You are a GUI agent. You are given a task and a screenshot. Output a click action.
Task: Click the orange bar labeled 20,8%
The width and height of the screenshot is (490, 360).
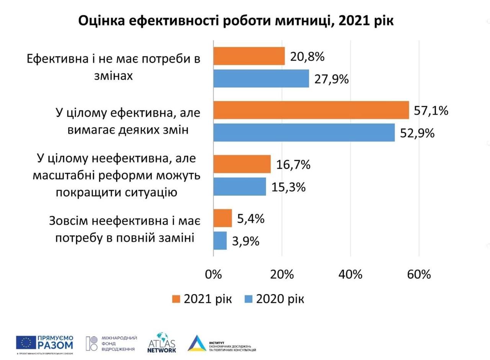[x=249, y=56]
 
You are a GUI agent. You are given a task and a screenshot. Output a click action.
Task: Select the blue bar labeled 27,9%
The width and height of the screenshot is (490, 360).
[x=261, y=79]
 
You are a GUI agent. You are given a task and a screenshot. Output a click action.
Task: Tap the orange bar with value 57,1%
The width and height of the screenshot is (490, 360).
[x=311, y=110]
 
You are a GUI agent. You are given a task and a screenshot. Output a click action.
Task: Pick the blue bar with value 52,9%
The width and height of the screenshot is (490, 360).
[x=304, y=133]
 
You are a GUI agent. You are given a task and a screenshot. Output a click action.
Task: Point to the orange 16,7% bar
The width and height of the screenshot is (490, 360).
[x=242, y=164]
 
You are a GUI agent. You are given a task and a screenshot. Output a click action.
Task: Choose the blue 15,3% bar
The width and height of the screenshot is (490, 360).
[x=240, y=187]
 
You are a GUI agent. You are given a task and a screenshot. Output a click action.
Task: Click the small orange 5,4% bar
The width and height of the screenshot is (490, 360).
[x=223, y=218]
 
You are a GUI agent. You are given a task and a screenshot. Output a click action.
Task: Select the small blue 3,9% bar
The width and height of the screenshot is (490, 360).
[x=220, y=241]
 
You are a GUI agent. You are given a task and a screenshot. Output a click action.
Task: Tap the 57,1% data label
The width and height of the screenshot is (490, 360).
[x=431, y=111]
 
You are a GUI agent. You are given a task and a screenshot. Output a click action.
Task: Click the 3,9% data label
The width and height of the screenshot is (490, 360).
[x=245, y=241]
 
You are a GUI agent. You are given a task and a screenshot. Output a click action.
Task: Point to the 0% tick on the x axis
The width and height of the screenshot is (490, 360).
[x=214, y=275]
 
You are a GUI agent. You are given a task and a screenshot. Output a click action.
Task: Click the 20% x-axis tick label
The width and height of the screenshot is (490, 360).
[x=282, y=275]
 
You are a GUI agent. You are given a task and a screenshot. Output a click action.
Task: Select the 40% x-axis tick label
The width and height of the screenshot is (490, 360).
[x=351, y=275]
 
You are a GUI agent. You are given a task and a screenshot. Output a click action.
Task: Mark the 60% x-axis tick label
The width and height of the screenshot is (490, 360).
[x=419, y=275]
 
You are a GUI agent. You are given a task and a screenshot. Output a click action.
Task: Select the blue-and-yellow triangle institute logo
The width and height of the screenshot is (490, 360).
[x=198, y=343]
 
